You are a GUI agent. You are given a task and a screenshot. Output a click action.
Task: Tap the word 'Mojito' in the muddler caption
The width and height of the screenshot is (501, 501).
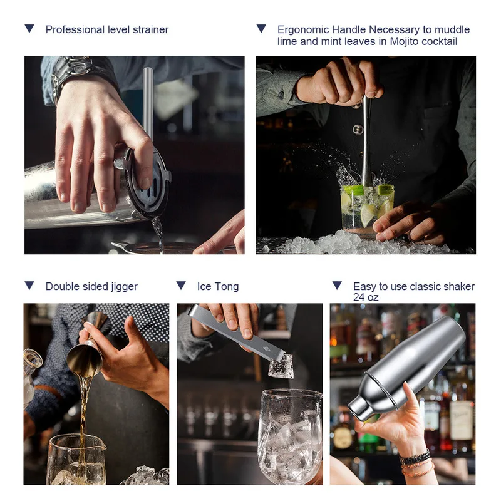[x=404, y=41]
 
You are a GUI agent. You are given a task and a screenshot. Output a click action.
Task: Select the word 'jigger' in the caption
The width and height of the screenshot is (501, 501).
[x=124, y=287]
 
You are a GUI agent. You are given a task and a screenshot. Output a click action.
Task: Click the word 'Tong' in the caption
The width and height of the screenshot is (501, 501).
[x=227, y=287]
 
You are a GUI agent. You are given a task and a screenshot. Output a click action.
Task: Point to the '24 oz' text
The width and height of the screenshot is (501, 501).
[x=366, y=297]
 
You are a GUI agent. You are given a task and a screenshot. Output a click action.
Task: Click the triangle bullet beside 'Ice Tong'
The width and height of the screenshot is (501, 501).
[x=181, y=286]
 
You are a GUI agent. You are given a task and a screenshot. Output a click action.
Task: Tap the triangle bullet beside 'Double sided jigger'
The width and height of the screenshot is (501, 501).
[x=29, y=286]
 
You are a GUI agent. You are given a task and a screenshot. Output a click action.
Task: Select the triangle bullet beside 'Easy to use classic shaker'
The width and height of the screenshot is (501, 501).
[x=337, y=286]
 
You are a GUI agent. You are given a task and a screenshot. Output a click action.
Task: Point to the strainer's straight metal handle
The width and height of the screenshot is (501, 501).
[x=148, y=102]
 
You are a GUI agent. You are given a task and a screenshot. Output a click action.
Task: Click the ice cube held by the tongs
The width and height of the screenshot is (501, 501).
[x=281, y=366]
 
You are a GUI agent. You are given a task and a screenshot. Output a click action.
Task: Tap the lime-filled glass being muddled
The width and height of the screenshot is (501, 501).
[x=367, y=209]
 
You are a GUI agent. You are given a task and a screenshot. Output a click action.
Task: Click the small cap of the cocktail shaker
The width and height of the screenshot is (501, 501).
[x=359, y=409]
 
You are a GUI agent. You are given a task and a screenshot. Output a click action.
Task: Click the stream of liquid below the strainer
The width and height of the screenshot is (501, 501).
[x=158, y=234]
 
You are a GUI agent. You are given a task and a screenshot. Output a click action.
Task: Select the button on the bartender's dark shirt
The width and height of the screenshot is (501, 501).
[x=358, y=130]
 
